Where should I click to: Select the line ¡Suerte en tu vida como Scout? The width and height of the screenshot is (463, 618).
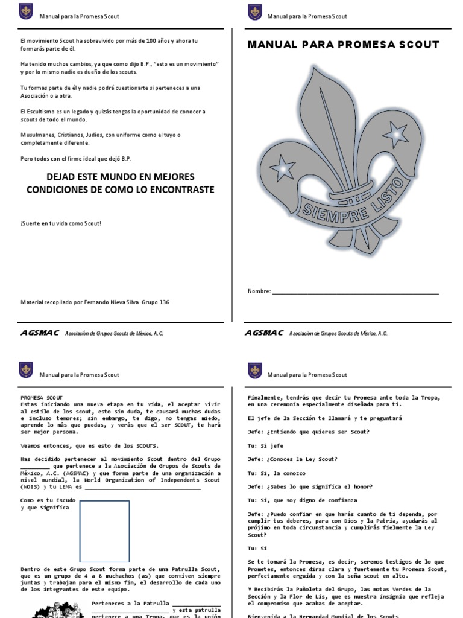tap(61, 223)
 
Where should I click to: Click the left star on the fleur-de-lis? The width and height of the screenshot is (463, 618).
tap(282, 167)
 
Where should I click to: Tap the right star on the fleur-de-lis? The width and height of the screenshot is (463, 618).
tap(395, 131)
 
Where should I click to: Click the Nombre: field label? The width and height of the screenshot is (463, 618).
tap(259, 291)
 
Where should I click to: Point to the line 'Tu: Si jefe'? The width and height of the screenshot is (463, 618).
tap(265, 445)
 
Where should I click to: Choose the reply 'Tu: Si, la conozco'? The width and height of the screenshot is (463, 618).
tap(277, 473)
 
